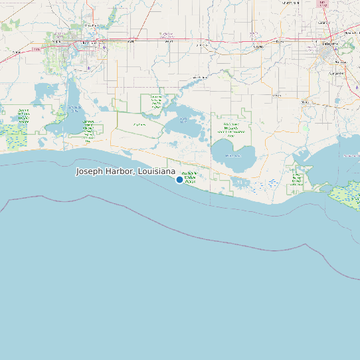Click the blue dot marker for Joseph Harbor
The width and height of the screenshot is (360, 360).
click(179, 179)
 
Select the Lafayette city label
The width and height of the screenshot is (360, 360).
click(330, 44)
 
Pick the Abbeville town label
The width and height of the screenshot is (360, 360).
click(306, 102)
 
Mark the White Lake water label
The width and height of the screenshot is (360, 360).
click(232, 155)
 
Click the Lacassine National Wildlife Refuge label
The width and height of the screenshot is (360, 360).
click(157, 100)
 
